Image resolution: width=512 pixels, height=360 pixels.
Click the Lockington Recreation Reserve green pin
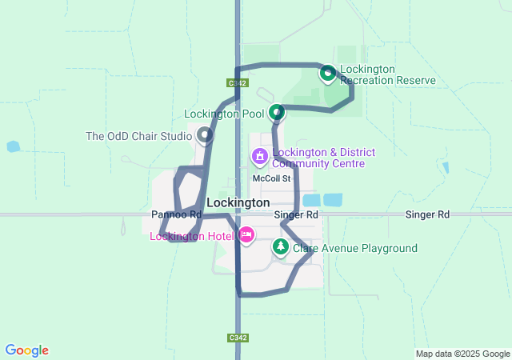(x=327, y=74)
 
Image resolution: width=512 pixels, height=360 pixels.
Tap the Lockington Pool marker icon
(x=277, y=113)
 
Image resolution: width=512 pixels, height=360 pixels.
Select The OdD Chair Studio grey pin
(x=206, y=135)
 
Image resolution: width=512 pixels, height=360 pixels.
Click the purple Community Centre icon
(x=260, y=154)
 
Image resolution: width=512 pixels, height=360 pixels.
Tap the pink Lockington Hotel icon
(x=246, y=235)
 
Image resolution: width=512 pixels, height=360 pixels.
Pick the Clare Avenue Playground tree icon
(x=280, y=247)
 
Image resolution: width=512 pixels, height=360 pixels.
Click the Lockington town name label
(x=238, y=203)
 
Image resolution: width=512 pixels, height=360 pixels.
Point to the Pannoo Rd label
(x=176, y=215)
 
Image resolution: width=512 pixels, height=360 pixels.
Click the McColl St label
(x=270, y=178)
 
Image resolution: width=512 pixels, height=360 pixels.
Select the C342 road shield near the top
(x=238, y=82)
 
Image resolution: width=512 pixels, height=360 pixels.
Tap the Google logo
(x=26, y=350)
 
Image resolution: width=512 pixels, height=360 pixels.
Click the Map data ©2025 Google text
(x=462, y=354)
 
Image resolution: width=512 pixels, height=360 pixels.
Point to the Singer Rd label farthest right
(x=427, y=215)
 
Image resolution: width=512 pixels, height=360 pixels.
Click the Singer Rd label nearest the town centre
(x=296, y=215)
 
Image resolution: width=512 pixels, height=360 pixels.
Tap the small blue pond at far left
(x=12, y=147)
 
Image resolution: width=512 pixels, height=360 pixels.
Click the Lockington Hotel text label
(x=192, y=236)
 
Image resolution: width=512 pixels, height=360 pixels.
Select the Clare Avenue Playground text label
(x=354, y=248)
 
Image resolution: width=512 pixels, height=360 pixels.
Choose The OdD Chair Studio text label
(x=138, y=136)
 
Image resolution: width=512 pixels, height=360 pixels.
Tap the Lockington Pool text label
(x=225, y=114)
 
